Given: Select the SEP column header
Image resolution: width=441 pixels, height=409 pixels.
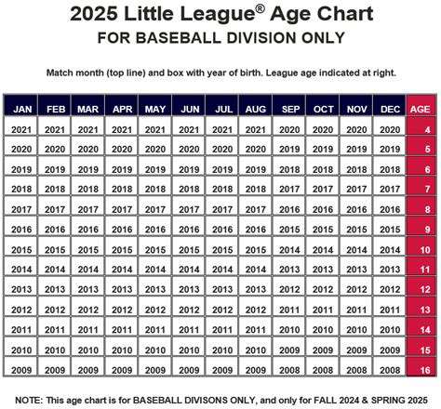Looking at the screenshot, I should (289, 107).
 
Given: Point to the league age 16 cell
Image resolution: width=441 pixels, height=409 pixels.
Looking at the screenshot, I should (423, 370).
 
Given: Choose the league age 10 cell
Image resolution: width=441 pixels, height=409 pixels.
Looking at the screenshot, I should (423, 250).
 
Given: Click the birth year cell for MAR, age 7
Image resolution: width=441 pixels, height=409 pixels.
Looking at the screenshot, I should (88, 190).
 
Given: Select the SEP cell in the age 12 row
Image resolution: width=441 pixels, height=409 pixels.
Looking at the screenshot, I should (289, 290).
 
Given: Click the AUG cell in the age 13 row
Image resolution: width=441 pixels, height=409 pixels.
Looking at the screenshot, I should (256, 310).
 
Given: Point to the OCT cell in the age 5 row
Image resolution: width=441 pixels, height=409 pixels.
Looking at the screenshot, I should (323, 150).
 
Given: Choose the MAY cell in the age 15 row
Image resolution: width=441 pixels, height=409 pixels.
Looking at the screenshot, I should (155, 350).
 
